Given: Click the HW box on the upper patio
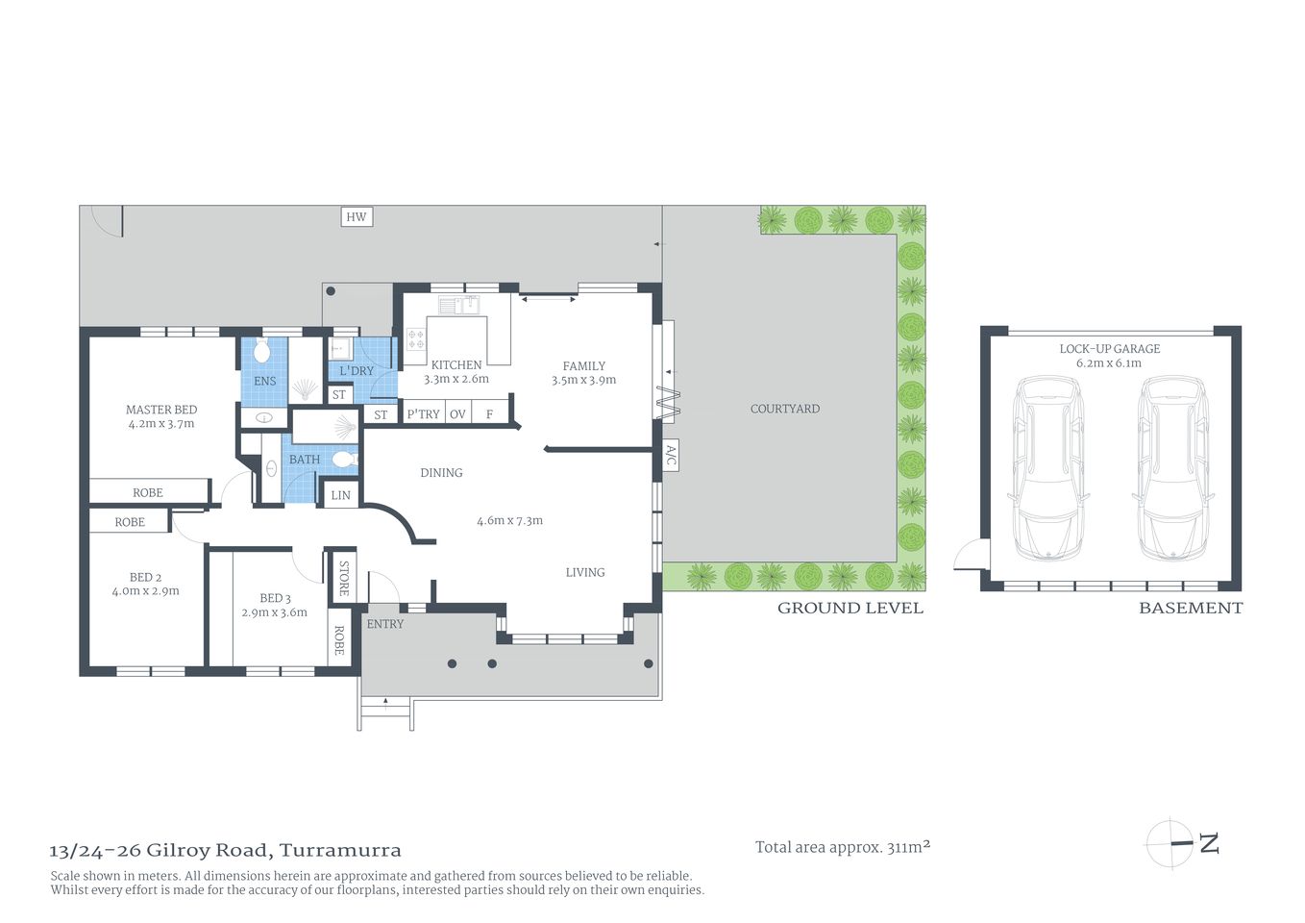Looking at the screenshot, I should click(x=357, y=216).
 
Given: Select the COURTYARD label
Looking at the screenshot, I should click(x=784, y=409).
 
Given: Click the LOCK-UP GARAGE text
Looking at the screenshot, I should click(x=1109, y=349).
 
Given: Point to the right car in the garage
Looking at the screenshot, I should click(x=1171, y=467).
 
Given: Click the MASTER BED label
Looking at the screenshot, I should click(x=161, y=410).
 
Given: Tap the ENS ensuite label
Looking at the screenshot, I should click(x=264, y=381).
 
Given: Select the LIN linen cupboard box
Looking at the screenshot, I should click(x=340, y=495).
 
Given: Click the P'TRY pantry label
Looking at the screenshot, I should click(x=423, y=414).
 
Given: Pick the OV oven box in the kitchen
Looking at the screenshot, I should click(x=457, y=414).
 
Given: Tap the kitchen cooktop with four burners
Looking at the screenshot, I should click(x=416, y=339).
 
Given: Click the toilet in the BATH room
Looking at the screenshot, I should click(x=343, y=461).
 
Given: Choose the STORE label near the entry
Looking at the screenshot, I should click(x=344, y=578).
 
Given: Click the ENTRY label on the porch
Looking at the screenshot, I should click(x=385, y=624).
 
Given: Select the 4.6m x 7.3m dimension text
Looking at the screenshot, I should click(x=509, y=521).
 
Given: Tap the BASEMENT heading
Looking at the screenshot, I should click(x=1190, y=608).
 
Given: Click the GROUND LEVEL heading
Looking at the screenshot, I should click(x=849, y=608).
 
